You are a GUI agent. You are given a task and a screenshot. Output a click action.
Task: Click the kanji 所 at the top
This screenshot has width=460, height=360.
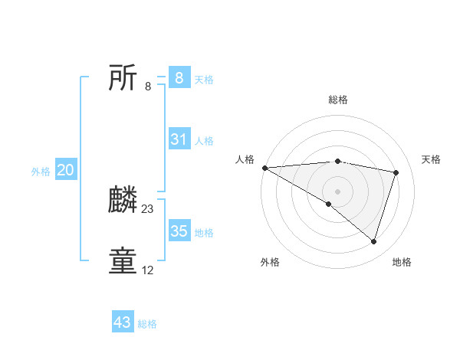click(123, 78)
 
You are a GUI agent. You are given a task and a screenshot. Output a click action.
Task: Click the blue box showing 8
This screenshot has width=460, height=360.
click(179, 77)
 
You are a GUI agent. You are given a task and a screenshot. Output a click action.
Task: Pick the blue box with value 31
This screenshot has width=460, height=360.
click(179, 139)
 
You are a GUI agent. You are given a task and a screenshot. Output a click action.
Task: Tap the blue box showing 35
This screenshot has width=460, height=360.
click(179, 231)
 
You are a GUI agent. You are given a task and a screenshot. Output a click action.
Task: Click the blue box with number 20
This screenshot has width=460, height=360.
click(65, 171)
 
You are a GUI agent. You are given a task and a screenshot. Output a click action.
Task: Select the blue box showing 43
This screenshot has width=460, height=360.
click(123, 322)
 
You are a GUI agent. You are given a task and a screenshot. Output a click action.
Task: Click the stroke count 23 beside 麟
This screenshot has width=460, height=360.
click(148, 209)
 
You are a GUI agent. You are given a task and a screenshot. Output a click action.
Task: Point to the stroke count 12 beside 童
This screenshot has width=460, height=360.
click(148, 270)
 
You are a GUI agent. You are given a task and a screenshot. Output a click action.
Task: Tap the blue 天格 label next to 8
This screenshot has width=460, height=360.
click(204, 79)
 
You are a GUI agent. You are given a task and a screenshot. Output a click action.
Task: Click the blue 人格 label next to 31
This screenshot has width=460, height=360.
click(204, 141)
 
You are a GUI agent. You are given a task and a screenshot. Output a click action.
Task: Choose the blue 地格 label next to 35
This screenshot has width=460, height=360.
click(204, 233)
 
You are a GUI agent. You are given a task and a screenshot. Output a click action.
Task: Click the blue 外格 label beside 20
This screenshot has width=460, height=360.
click(41, 172)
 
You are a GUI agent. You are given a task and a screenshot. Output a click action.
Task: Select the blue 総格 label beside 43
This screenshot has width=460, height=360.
click(147, 324)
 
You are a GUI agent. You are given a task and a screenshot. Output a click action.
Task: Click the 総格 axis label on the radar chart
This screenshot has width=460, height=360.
click(337, 100)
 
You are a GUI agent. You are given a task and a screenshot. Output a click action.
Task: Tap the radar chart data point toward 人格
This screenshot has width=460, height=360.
click(264, 167)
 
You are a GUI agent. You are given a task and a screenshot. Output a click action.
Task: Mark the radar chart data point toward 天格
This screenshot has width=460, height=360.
click(396, 172)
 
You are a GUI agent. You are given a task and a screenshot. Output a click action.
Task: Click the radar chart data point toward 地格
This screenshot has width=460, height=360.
click(373, 241)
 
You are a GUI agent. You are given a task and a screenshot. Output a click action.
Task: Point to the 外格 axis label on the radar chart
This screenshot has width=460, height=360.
click(270, 262)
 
